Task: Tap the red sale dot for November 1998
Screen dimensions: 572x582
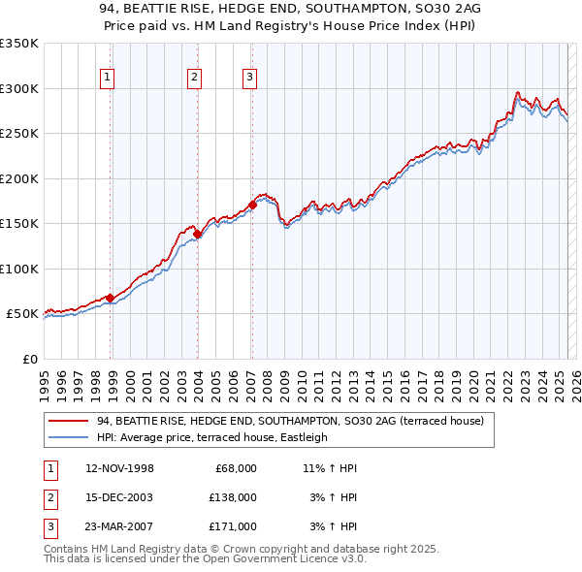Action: point(111,298)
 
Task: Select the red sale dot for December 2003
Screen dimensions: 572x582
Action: point(197,234)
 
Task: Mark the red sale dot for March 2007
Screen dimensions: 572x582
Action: point(252,205)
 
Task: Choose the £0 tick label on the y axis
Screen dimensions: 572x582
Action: point(29,359)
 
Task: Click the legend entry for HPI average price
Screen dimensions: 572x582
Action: point(212,437)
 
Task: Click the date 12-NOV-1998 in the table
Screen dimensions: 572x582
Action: point(119,468)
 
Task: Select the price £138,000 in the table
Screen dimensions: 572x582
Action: point(233,497)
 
